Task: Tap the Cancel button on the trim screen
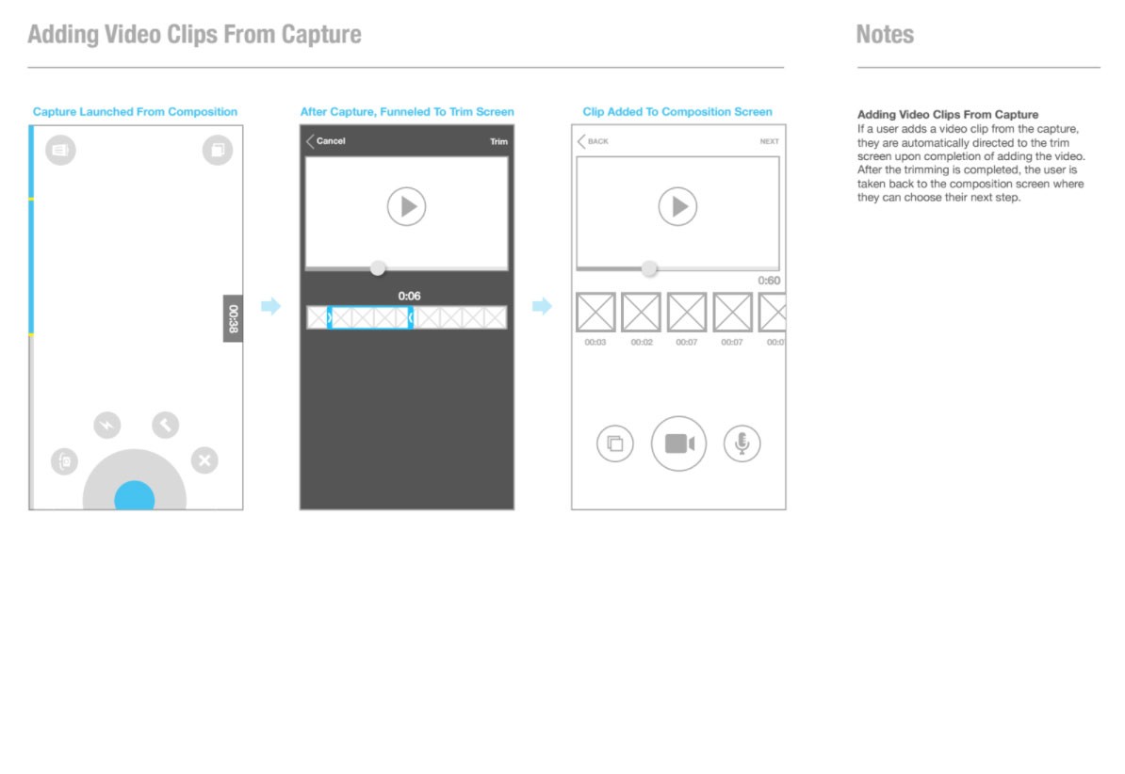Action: (326, 141)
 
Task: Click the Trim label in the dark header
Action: (498, 141)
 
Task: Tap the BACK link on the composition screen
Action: (594, 141)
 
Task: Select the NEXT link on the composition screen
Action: (769, 141)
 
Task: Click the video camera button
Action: (678, 443)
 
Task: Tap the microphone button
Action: (742, 443)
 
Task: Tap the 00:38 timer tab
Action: (233, 318)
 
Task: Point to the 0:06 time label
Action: (410, 296)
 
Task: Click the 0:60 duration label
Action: (769, 281)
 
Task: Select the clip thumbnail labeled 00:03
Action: (595, 312)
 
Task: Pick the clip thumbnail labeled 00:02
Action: (641, 312)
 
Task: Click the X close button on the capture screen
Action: (204, 460)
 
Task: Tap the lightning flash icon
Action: (106, 425)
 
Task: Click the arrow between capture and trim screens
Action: (270, 306)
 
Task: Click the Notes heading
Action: (885, 35)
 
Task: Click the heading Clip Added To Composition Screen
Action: (677, 112)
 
